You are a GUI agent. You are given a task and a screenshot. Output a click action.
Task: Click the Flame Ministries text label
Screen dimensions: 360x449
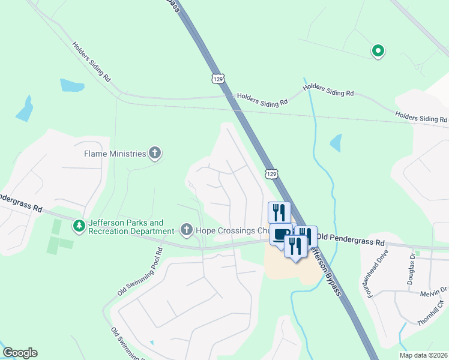pyautogui.click(x=115, y=154)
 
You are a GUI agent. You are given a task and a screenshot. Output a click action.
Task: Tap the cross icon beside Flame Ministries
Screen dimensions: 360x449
pyautogui.click(x=155, y=154)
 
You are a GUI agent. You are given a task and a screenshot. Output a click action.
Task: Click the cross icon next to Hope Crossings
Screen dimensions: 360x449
pyautogui.click(x=186, y=229)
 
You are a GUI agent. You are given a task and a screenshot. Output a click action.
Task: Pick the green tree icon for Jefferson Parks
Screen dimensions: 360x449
pyautogui.click(x=78, y=226)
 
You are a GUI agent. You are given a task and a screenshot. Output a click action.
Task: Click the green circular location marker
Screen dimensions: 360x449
pyautogui.click(x=378, y=52)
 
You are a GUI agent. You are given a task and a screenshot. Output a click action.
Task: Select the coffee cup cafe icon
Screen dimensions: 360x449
pyautogui.click(x=280, y=234)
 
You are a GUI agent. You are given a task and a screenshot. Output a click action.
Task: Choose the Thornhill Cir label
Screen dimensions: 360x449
pyautogui.click(x=432, y=313)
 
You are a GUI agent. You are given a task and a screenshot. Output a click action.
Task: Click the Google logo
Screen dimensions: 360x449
pyautogui.click(x=20, y=353)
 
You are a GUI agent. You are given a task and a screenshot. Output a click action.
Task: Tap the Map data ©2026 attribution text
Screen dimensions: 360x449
pyautogui.click(x=423, y=355)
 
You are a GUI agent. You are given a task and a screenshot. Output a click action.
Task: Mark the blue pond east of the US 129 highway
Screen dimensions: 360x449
pyautogui.click(x=336, y=143)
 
